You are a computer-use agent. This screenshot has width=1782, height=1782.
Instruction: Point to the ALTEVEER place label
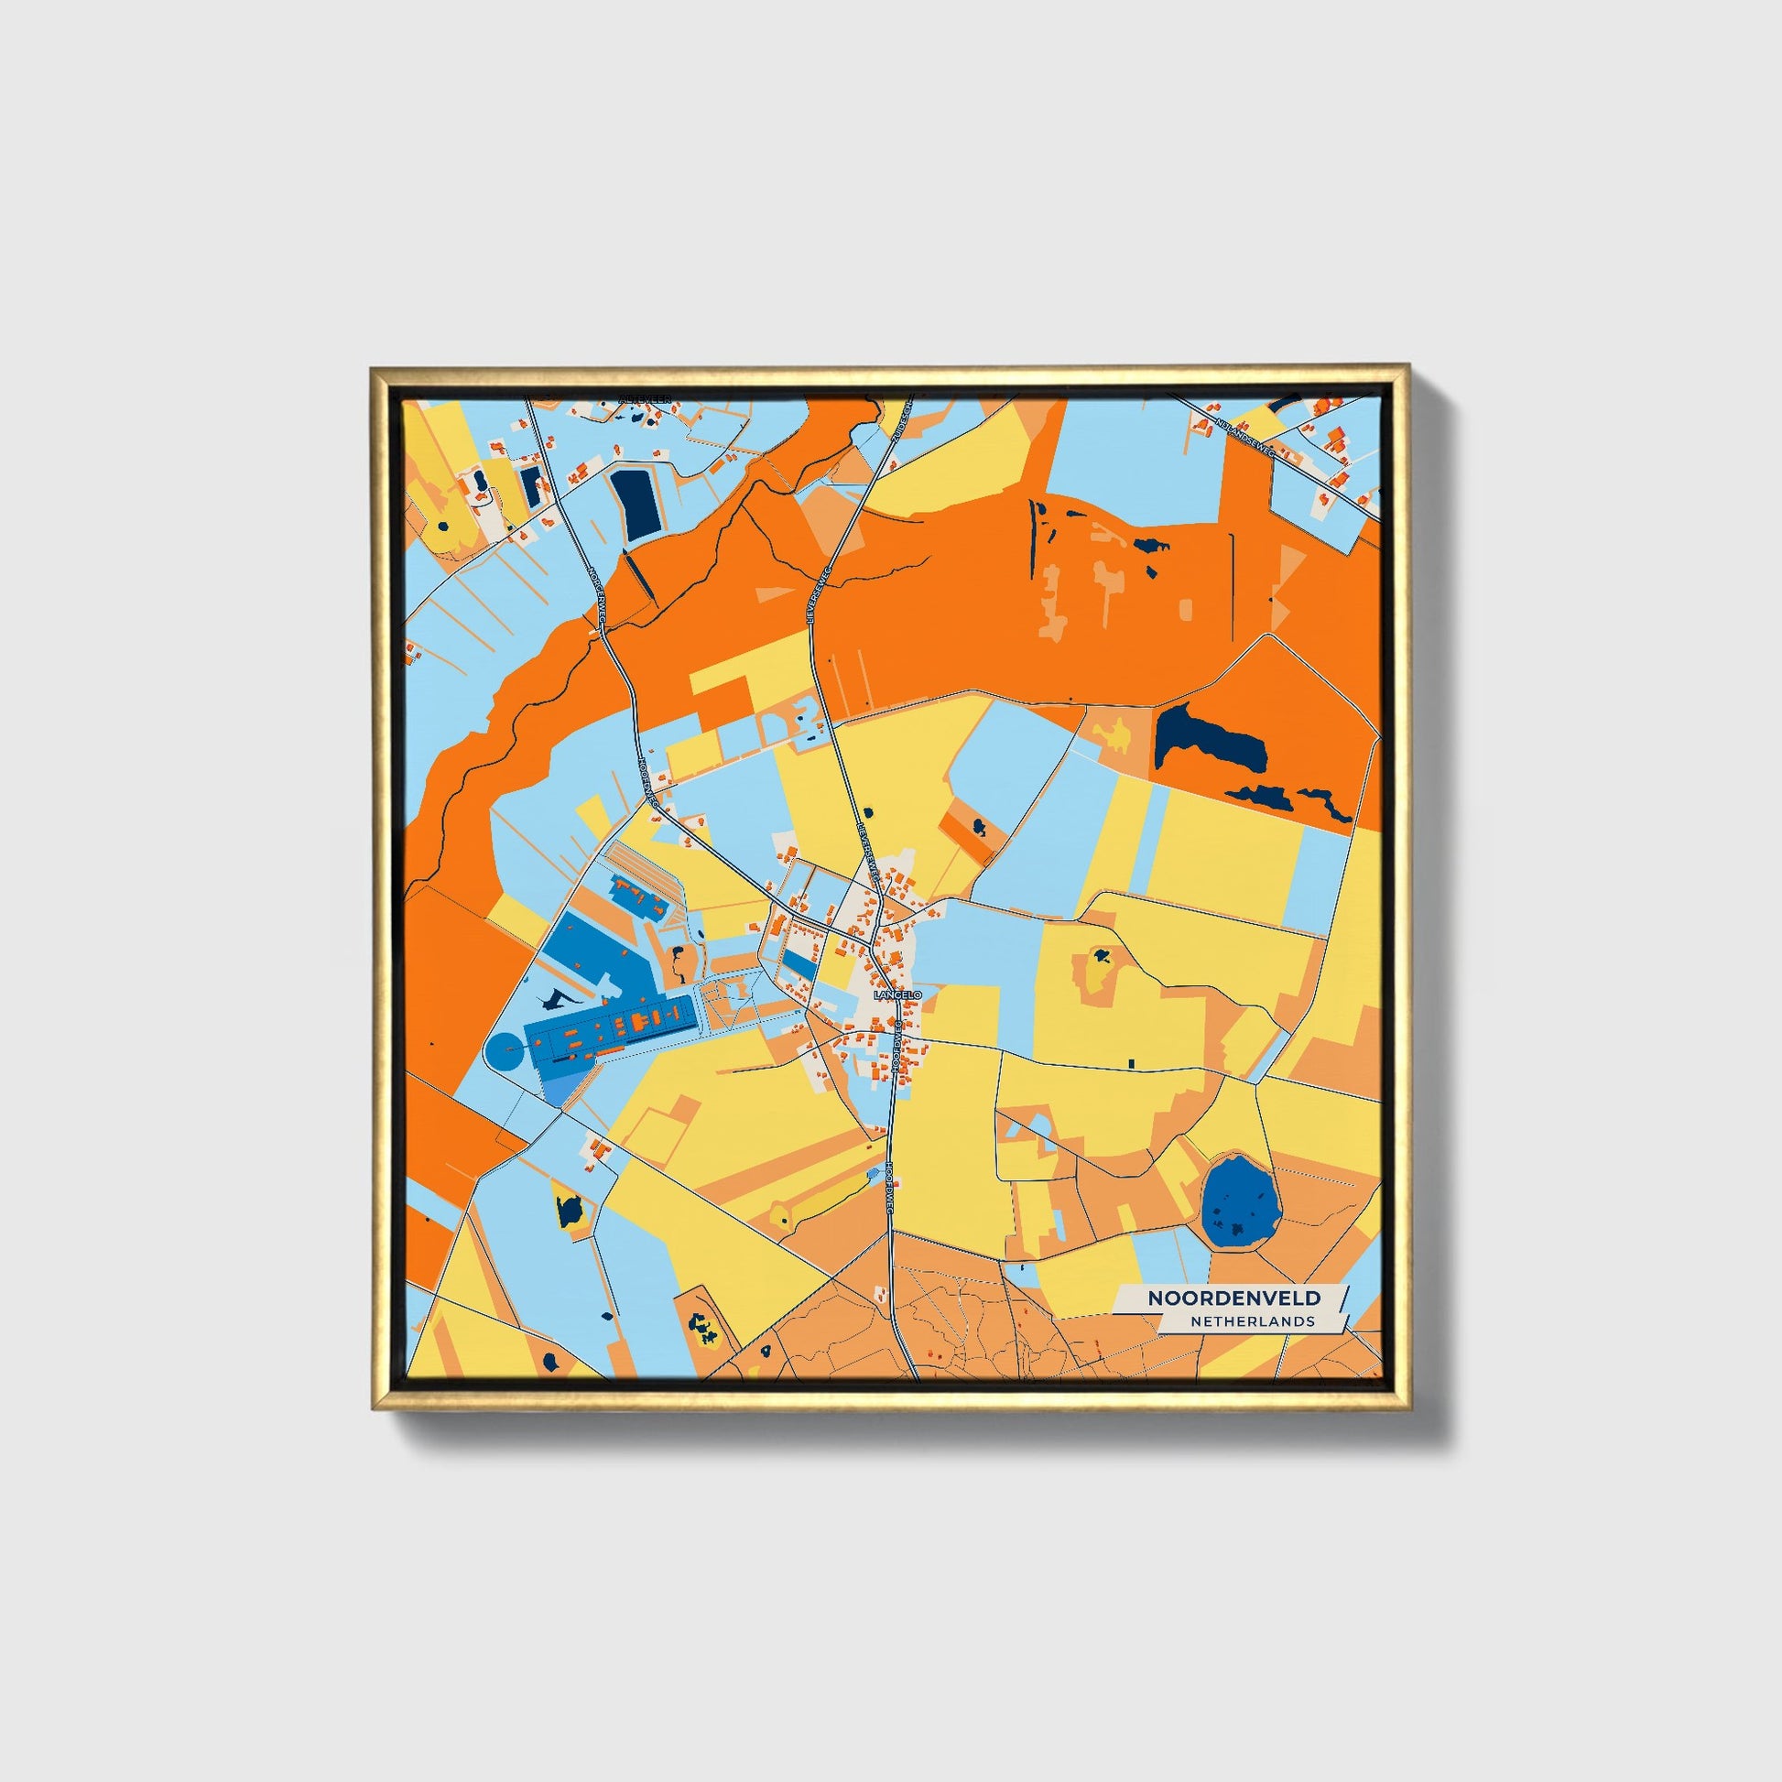pyautogui.click(x=645, y=400)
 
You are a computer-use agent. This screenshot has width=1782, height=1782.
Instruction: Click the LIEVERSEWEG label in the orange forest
pyautogui.click(x=818, y=595)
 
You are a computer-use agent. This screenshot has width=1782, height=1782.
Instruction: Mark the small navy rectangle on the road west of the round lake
pyautogui.click(x=1131, y=1063)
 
